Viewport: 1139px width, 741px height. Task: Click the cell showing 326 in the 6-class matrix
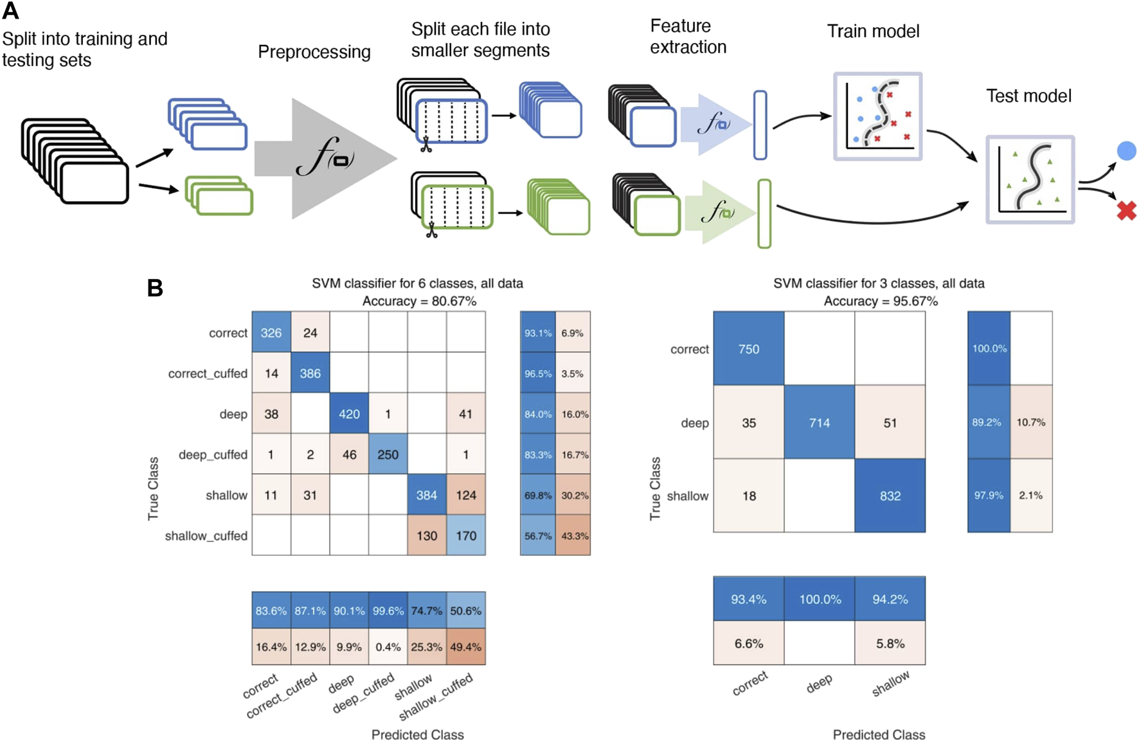coord(271,333)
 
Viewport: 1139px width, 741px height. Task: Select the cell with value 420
coord(349,414)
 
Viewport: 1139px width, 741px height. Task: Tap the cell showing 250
coord(388,454)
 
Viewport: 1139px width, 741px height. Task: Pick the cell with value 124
coord(466,495)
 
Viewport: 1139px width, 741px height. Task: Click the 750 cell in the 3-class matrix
coord(749,349)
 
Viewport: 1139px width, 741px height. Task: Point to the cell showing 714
coord(820,422)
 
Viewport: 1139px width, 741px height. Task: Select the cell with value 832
coord(890,495)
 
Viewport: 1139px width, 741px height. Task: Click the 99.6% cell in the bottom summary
coord(388,611)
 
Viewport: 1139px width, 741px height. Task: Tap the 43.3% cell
coord(574,535)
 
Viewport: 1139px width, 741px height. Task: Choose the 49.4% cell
coord(466,647)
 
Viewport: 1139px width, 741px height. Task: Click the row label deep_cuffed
coord(213,454)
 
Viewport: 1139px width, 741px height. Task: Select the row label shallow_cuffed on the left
coord(206,535)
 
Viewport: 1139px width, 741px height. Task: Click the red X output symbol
coord(1126,210)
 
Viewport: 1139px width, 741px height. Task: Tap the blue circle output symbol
coord(1126,151)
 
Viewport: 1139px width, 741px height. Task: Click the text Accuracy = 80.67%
coord(419,301)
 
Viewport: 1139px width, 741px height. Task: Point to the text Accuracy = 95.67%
coord(881,301)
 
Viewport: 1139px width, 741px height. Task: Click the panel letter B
coord(155,288)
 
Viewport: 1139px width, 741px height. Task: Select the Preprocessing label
coord(314,51)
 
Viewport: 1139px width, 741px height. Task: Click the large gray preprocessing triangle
coord(321,159)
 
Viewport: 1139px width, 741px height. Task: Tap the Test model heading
coord(1028,96)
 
